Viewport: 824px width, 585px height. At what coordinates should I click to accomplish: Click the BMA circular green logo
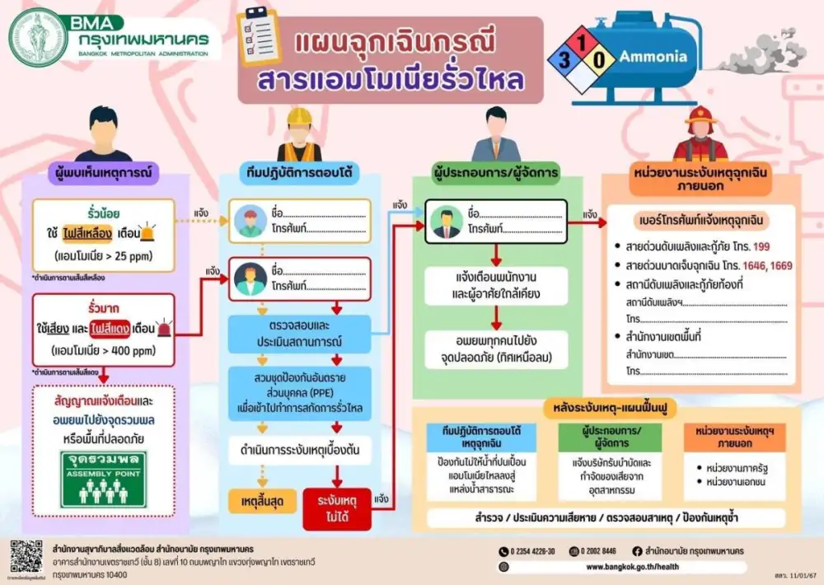[38, 38]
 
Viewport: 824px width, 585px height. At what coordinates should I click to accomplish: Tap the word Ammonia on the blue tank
[653, 58]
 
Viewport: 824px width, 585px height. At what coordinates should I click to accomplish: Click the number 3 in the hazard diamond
[564, 60]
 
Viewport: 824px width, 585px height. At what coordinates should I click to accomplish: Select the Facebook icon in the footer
[636, 551]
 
